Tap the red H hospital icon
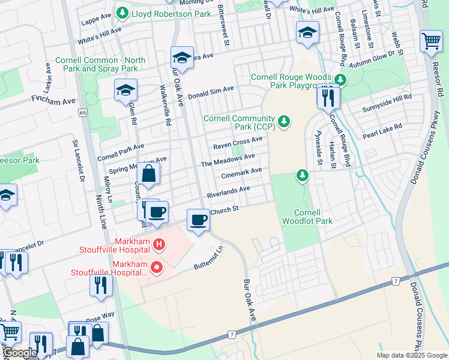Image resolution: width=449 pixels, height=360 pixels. [158, 244]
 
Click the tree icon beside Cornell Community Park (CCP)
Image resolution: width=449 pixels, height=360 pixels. [284, 122]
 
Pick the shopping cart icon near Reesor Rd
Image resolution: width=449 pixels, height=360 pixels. [431, 42]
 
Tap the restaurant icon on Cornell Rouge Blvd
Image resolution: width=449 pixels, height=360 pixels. [328, 97]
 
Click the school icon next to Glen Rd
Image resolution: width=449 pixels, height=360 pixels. [125, 91]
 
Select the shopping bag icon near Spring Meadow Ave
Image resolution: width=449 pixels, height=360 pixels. [148, 175]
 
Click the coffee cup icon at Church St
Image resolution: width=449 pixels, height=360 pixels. [198, 220]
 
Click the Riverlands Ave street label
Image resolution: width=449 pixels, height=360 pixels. [228, 191]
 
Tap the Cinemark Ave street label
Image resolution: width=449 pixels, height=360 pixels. [241, 172]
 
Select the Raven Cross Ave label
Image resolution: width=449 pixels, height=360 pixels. [238, 142]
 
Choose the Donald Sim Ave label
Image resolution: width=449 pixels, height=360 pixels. [211, 91]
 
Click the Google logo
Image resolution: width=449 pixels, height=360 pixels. [20, 353]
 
